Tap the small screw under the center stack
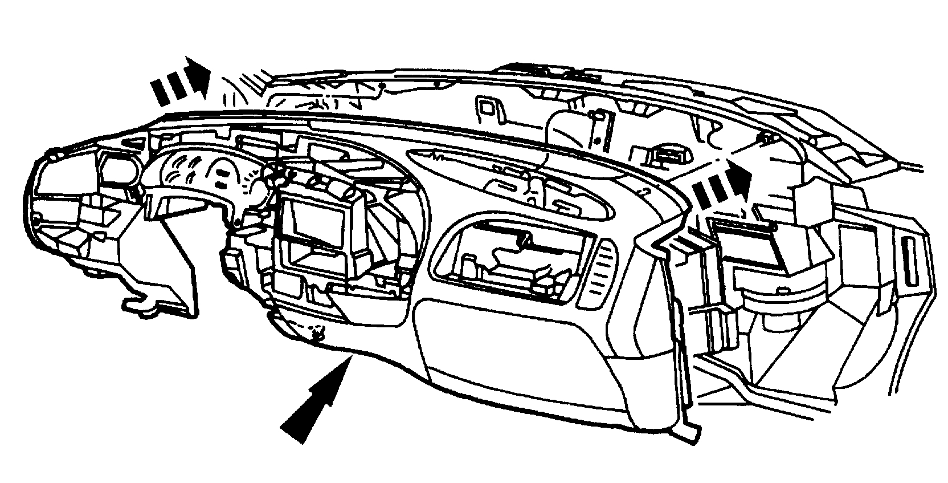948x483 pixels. pyautogui.click(x=317, y=332)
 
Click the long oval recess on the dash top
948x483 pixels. pyautogui.click(x=513, y=182)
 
